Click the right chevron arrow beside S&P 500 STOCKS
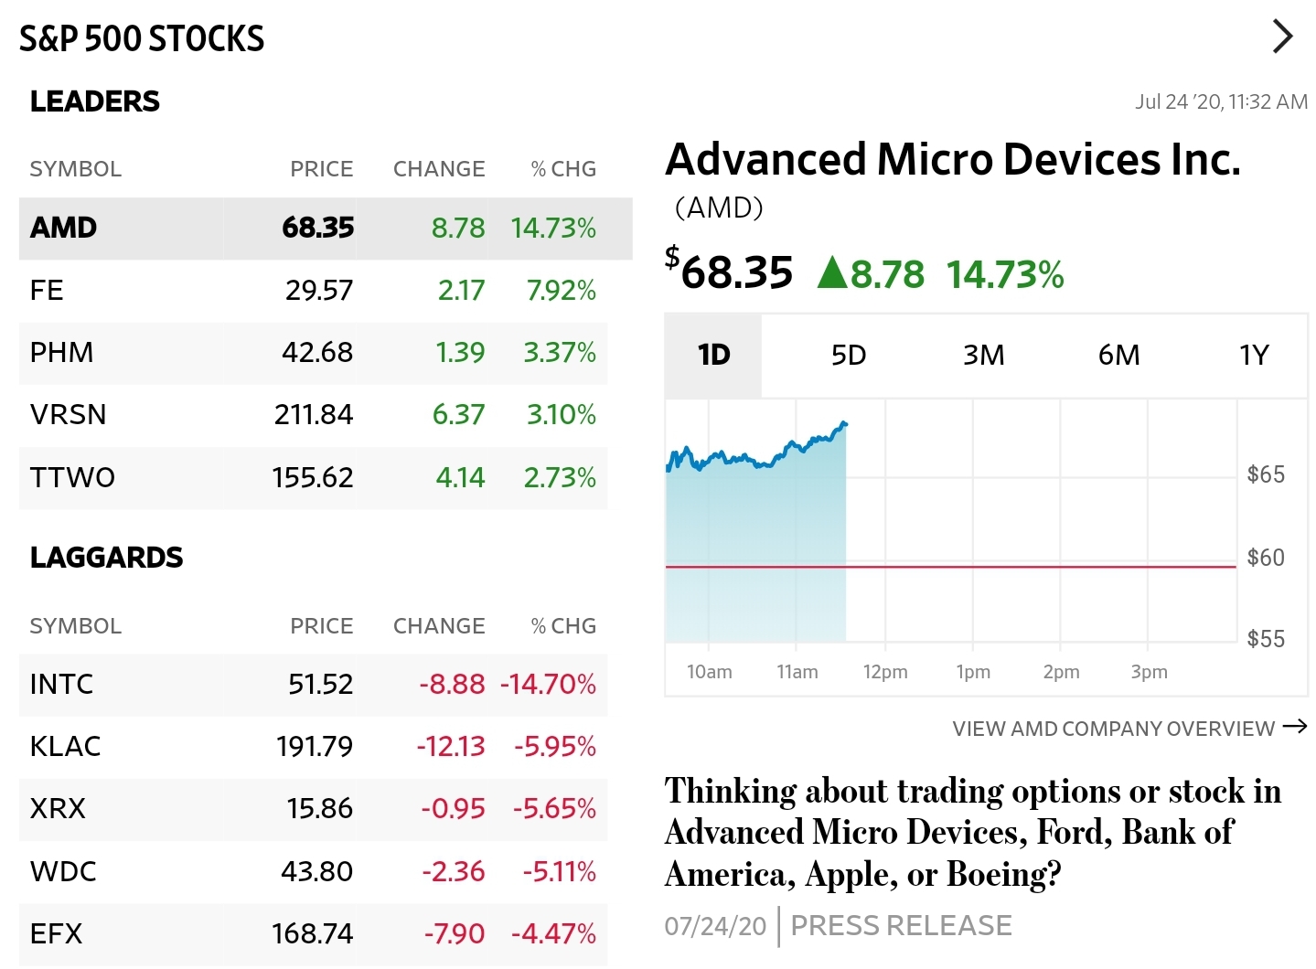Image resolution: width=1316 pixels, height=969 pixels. pos(1282,37)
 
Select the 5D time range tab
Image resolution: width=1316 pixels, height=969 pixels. pos(848,355)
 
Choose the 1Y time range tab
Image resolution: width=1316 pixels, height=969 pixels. pos(1254,355)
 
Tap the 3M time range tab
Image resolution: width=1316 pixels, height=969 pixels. pos(983,355)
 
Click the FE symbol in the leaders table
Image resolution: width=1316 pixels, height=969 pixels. pos(47,291)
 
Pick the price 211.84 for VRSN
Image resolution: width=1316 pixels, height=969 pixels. pos(313,415)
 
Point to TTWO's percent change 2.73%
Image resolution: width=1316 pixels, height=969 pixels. pos(559,477)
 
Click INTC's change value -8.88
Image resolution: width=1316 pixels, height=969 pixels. pos(452,684)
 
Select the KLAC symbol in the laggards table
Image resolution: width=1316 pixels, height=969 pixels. pos(65,746)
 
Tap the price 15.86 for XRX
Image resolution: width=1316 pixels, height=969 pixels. pos(319,809)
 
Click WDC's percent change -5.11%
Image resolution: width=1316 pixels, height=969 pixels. pos(559,871)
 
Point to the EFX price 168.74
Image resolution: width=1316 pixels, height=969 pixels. pos(312,933)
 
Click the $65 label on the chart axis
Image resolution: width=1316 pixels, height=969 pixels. pos(1266,474)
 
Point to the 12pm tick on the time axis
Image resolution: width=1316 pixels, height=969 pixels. pos(884,672)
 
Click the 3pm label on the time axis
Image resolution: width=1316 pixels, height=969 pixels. pos(1149,672)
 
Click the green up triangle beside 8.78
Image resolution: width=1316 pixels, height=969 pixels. pos(832,272)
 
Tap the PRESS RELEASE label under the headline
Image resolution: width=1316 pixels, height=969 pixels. pos(901,926)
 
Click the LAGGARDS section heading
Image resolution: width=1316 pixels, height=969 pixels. pos(106,558)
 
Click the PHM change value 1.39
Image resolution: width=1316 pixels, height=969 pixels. pos(460,353)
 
